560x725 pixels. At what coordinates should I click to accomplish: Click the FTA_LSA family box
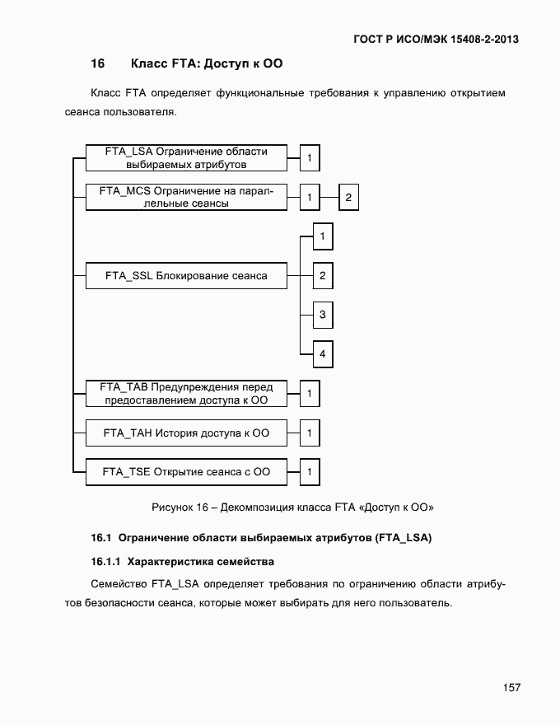point(186,157)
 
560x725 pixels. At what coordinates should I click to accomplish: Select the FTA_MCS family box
point(186,197)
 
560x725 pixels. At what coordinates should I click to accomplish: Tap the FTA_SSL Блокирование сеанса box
point(186,276)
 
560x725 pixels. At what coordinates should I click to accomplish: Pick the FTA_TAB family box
point(186,394)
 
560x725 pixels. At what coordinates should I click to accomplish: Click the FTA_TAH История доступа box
point(186,433)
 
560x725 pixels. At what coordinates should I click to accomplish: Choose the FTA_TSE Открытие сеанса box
point(186,472)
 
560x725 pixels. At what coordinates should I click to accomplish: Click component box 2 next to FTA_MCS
point(348,198)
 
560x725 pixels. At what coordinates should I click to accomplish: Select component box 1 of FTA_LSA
point(310,157)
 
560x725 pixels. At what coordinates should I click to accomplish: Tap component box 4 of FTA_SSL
point(323,354)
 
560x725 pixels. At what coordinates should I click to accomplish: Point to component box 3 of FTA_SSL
point(323,315)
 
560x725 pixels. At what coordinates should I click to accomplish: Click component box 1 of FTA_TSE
point(310,472)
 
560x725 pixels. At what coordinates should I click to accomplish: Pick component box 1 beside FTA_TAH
point(310,433)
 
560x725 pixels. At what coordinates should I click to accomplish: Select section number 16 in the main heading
point(98,63)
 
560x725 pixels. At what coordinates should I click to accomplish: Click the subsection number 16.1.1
point(105,561)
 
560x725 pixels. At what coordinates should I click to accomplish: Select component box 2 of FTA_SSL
point(323,276)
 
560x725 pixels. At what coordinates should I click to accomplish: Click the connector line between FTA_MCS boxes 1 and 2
point(329,198)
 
